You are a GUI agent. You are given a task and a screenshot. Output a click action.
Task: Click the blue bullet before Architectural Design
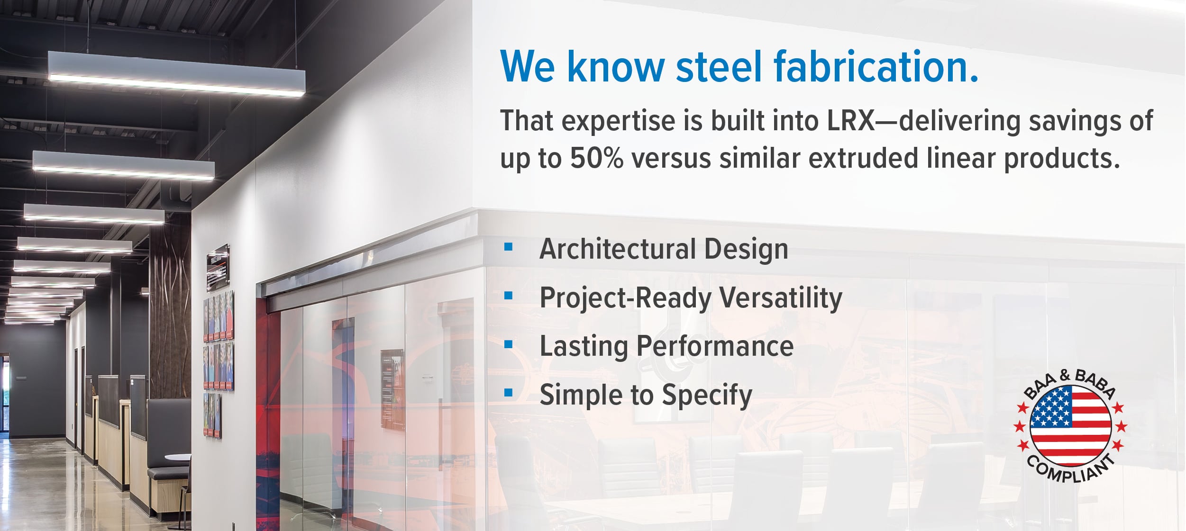point(509,247)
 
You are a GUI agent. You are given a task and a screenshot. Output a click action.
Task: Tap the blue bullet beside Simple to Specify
point(509,393)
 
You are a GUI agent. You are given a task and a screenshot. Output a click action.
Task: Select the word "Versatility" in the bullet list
point(781,298)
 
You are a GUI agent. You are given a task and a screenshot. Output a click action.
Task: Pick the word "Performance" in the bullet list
point(715,346)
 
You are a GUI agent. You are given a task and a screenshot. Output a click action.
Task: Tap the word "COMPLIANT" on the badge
point(1070,469)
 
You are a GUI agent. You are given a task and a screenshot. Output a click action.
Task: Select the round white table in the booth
point(178,458)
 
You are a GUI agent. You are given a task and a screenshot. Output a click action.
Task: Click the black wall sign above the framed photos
point(219,267)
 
